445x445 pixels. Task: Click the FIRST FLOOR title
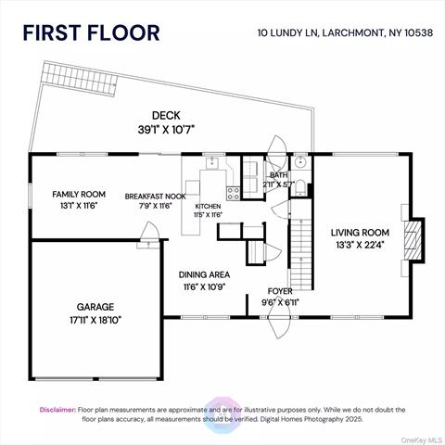[x=91, y=32]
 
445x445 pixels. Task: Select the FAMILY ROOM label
[x=79, y=194]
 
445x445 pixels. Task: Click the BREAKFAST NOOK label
[x=156, y=197]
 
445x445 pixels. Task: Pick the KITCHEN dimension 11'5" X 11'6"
[x=208, y=214]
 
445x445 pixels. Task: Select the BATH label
[x=279, y=174]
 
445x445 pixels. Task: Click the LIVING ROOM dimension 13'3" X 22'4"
[x=361, y=246]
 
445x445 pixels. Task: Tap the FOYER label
[x=281, y=290]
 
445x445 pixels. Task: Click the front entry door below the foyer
[x=279, y=324]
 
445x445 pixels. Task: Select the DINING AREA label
[x=204, y=274]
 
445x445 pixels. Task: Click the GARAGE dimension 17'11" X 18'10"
[x=95, y=320]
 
